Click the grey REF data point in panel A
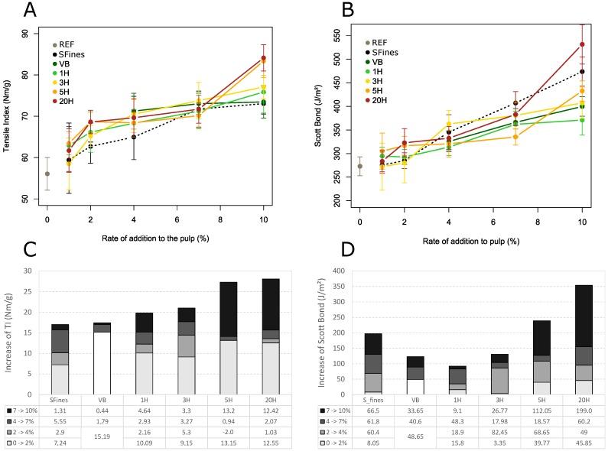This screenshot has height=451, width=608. (x=47, y=174)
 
